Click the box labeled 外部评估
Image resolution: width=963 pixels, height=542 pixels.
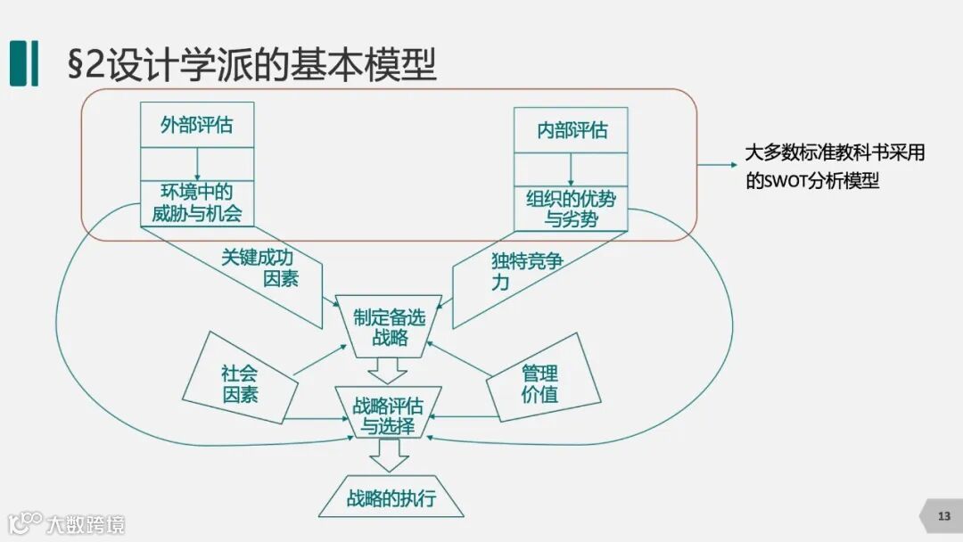point(197,125)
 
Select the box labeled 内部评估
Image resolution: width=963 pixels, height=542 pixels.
point(571,130)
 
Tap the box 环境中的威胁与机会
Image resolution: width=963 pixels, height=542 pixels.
point(197,203)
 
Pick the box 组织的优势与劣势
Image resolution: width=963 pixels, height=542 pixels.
point(571,209)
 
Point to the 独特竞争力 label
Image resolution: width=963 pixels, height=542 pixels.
point(526,271)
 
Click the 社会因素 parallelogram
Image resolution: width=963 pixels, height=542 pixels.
point(240,382)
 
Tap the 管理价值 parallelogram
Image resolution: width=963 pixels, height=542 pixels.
point(540,383)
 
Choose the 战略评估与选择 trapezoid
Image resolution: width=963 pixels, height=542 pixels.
point(387,415)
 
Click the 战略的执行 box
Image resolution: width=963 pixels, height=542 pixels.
point(391,497)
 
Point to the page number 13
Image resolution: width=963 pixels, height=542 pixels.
point(944,516)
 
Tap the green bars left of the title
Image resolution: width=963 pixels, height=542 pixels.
point(24,63)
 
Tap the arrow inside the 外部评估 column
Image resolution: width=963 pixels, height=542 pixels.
point(197,163)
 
